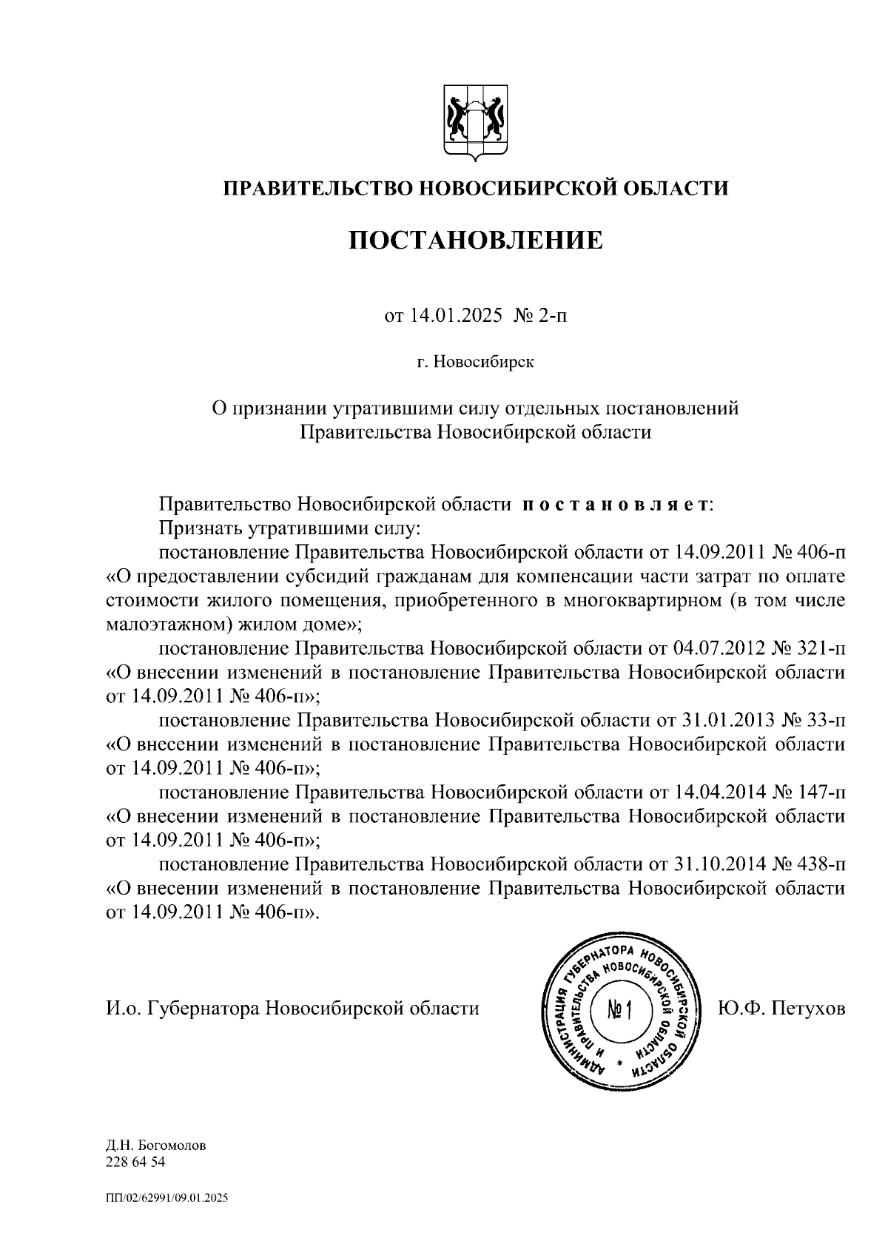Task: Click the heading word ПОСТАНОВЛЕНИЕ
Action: click(476, 241)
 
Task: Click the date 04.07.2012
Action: click(717, 649)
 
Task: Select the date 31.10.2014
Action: click(717, 864)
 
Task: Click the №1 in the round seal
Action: click(619, 1009)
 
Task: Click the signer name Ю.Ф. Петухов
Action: click(781, 1009)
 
